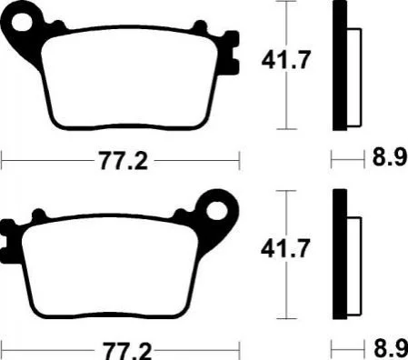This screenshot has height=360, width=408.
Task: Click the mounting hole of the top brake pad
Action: (x=22, y=22)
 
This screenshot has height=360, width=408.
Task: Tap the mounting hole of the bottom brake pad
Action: (x=217, y=210)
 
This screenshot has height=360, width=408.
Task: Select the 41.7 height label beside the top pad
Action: (x=286, y=60)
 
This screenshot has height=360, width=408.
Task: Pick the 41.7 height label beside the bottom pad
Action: (x=285, y=248)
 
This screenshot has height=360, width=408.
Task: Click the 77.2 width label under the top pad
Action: (x=124, y=161)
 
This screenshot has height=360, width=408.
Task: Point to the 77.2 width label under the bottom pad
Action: (x=127, y=351)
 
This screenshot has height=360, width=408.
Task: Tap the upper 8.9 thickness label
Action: (x=390, y=157)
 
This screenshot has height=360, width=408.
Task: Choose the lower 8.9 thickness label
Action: (x=391, y=348)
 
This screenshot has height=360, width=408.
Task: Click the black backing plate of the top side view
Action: (x=340, y=65)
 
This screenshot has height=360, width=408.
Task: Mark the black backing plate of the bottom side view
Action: (x=340, y=254)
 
